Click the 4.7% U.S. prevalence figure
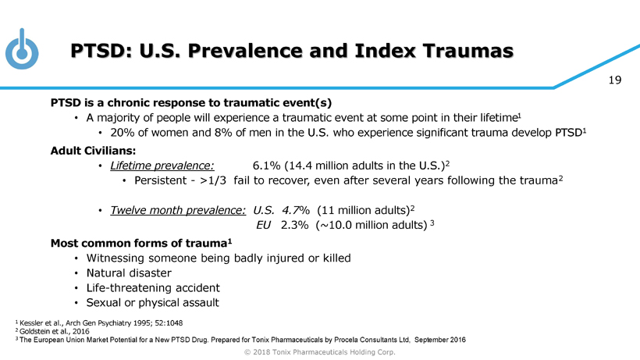(297, 211)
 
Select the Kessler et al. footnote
(135, 323)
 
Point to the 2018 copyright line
(320, 352)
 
